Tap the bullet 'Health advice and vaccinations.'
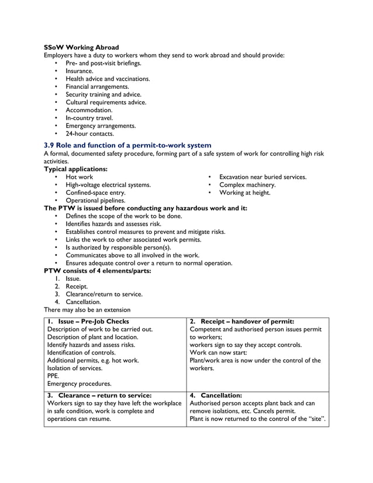coord(108,78)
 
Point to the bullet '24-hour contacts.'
coord(89,133)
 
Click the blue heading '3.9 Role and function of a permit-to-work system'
coord(127,145)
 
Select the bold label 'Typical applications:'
coord(75,169)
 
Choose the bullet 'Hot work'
coord(79,177)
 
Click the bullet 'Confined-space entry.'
coord(95,192)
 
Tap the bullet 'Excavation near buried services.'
coord(263,177)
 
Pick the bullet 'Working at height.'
coord(244,192)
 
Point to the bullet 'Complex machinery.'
coord(247,185)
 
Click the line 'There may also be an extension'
coord(87,310)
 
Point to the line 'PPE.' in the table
coord(53,376)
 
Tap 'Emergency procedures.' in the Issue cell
coord(79,384)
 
